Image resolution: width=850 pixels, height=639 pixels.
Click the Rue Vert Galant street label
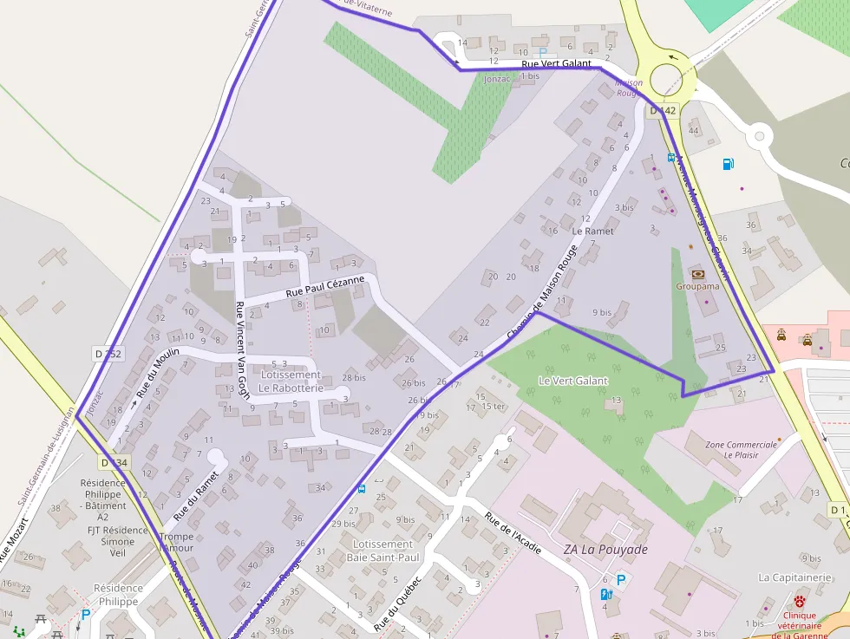point(556,63)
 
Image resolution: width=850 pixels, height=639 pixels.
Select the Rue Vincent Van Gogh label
point(242,349)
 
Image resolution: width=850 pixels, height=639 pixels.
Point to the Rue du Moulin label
point(155,370)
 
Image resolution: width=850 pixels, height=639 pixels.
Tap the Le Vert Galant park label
point(572,381)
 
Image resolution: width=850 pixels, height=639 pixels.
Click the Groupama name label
point(697,286)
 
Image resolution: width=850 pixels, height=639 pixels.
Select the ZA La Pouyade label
point(605,549)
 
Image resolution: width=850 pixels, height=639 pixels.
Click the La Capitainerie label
point(794,577)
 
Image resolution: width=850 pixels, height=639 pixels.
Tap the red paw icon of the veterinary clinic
point(799,600)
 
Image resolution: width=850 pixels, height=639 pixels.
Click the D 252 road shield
point(108,353)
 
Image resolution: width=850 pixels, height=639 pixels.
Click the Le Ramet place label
point(592,231)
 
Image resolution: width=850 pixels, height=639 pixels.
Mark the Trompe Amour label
point(177,542)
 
